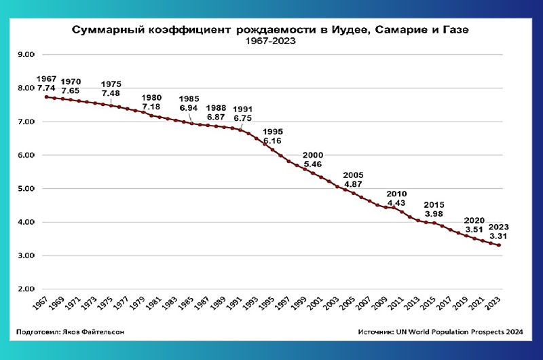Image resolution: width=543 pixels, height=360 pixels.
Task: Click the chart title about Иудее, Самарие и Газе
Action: point(271,31)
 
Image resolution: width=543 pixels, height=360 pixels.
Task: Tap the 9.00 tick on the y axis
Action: point(26,54)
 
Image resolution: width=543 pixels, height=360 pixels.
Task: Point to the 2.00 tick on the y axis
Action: point(26,289)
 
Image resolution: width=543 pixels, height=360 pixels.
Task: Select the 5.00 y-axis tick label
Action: point(26,189)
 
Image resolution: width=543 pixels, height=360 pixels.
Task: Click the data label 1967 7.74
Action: point(47,84)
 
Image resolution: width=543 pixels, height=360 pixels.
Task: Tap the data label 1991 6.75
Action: point(242,114)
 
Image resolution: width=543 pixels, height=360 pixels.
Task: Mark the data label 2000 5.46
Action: point(313,160)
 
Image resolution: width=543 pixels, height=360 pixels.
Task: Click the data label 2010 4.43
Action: point(396,198)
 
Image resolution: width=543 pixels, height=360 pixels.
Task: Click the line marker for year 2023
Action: point(499,245)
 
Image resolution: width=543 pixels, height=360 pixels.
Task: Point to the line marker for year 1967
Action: point(46,97)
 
